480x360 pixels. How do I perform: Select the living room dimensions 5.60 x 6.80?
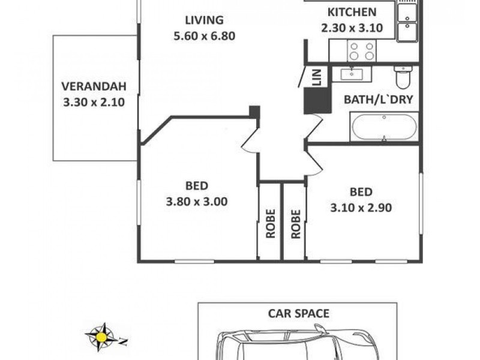tap(203, 35)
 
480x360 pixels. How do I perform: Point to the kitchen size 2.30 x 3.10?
tap(352, 27)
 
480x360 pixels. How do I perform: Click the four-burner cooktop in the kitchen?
tap(362, 51)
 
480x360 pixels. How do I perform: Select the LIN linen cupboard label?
tap(317, 76)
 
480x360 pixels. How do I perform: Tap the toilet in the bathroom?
tap(401, 77)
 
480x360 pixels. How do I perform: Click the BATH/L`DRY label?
tap(378, 100)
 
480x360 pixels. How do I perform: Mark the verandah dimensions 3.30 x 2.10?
tap(93, 102)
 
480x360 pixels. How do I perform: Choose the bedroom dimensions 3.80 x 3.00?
tap(196, 202)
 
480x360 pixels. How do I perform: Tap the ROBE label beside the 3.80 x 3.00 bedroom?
tap(270, 223)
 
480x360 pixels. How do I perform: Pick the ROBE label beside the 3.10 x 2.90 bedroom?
tap(295, 223)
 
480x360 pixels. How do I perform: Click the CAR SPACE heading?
tap(298, 313)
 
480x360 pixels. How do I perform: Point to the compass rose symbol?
tap(101, 336)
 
